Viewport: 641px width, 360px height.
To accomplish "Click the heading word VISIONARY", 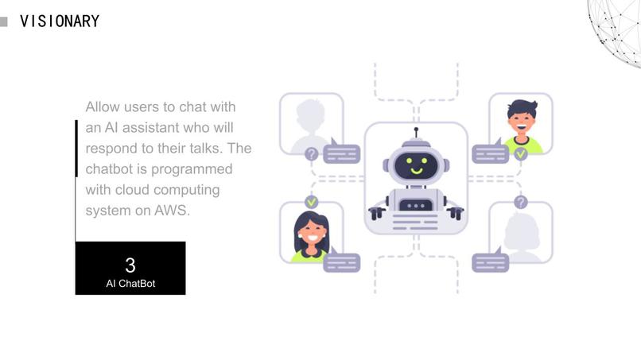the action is [x=60, y=21].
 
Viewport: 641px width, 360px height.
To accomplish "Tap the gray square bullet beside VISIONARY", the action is [x=4, y=21].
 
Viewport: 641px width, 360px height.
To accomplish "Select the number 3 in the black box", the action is [x=130, y=265].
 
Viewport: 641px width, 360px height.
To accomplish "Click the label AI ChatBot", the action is [x=130, y=284].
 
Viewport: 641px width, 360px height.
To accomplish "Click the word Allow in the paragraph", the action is [x=103, y=106].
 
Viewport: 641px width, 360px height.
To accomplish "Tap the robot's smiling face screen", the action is [x=416, y=165].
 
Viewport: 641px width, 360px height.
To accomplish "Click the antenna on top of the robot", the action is [x=416, y=133].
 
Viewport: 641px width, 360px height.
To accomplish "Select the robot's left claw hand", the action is [x=376, y=213].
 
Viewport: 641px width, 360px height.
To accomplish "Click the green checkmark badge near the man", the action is [x=520, y=154].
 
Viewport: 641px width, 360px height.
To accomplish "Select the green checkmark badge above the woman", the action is [x=312, y=201].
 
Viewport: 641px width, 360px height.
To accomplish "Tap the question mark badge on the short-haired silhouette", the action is [x=312, y=154].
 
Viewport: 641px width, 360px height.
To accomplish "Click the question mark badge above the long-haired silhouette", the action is [x=520, y=202].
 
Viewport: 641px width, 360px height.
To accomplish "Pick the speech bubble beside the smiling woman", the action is [x=342, y=261].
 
